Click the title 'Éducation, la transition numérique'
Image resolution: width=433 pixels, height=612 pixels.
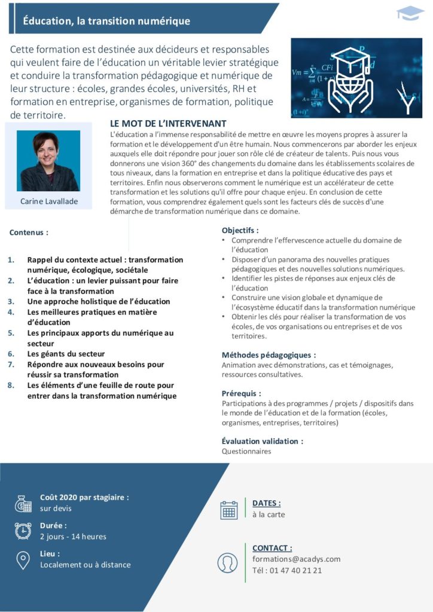(106, 22)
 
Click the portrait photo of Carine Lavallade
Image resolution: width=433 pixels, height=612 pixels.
(48, 160)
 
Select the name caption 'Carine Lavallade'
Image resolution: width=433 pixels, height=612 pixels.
(49, 201)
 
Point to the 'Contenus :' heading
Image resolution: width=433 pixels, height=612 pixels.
(29, 232)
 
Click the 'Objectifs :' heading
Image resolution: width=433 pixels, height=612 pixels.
(240, 230)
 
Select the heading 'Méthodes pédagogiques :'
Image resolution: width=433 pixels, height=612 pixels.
(269, 355)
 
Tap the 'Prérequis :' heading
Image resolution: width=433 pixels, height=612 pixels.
(241, 393)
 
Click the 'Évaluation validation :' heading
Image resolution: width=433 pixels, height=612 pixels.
(262, 441)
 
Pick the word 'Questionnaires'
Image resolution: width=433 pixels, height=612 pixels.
(246, 451)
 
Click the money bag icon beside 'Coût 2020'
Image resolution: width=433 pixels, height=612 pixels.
(23, 503)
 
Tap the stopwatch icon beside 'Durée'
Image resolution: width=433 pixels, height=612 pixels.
(23, 531)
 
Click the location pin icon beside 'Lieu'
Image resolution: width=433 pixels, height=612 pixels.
(23, 559)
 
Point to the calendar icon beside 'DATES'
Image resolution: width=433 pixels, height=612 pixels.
(229, 509)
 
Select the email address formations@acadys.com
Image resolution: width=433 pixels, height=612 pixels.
(296, 559)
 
